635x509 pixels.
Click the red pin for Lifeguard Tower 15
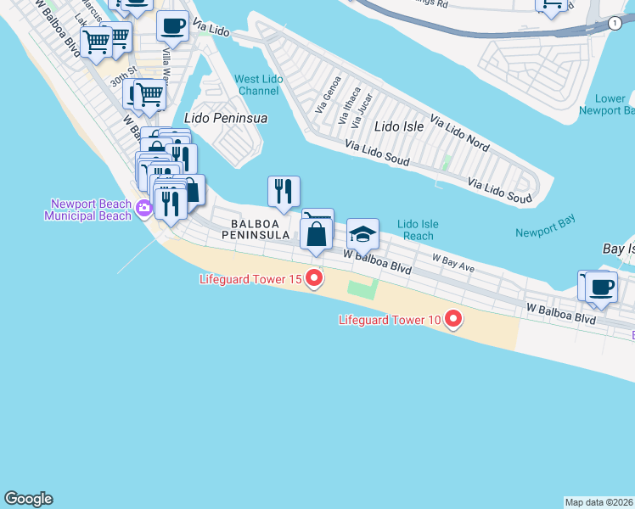click(314, 277)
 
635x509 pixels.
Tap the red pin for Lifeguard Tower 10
click(453, 319)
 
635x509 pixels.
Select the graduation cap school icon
click(362, 233)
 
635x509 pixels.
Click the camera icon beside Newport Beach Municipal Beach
click(143, 207)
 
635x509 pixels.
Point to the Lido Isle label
click(399, 126)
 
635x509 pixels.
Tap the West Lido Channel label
click(259, 85)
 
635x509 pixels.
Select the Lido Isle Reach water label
click(418, 230)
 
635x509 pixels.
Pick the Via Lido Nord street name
click(459, 133)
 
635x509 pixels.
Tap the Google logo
click(28, 499)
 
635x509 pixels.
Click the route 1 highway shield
click(613, 24)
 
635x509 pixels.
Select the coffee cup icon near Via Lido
click(172, 26)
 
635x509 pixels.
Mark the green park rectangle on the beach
click(361, 288)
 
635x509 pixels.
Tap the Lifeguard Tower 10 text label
click(390, 320)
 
